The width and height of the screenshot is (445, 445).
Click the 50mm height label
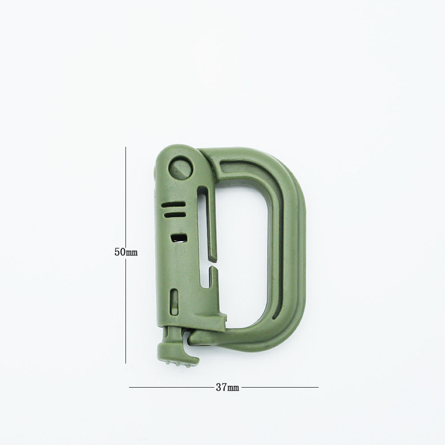point(126,252)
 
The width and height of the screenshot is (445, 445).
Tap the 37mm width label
point(227,387)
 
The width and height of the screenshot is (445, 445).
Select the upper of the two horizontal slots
point(174,204)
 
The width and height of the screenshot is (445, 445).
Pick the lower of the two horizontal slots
point(174,214)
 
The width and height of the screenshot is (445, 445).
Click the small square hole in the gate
point(179,238)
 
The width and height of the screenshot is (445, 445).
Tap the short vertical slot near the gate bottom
point(174,302)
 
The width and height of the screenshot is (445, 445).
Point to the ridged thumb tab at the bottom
point(178,354)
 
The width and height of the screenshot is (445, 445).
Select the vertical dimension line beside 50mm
point(126,255)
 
